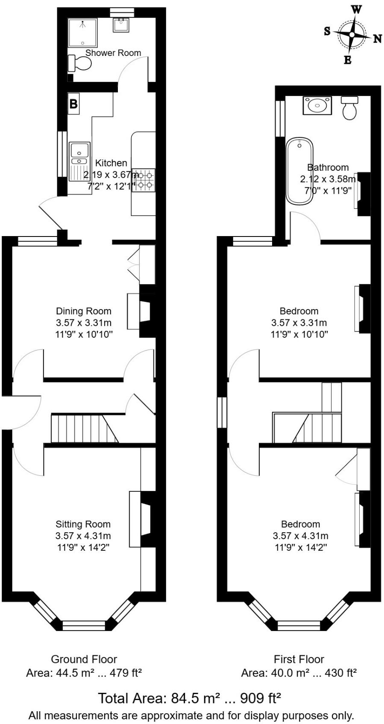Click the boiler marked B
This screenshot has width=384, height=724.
(73, 104)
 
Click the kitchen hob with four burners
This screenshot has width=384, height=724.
(144, 180)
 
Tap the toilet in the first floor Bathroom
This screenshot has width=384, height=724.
(349, 108)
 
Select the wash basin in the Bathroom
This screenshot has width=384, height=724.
(317, 105)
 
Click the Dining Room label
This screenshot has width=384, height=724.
(84, 311)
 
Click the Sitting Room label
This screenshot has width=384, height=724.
(83, 524)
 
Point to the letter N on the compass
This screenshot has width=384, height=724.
(377, 39)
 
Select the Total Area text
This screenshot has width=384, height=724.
(190, 698)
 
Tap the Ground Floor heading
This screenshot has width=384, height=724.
(84, 659)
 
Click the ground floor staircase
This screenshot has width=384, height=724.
(84, 428)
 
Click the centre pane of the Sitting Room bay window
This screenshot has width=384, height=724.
(84, 626)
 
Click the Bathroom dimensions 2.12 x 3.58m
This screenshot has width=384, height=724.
(327, 179)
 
